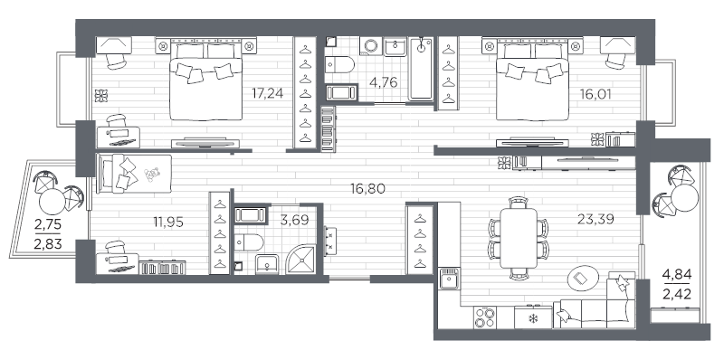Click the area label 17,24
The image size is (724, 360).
click(267, 94)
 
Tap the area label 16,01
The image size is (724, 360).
click(595, 95)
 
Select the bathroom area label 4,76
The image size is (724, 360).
click(383, 83)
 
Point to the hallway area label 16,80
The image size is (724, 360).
click(367, 189)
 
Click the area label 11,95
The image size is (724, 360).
click(168, 223)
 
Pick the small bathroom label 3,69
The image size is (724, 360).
click(295, 219)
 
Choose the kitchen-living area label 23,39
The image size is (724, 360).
click(595, 219)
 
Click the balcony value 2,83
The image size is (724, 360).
click(48, 243)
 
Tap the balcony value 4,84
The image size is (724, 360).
click(677, 276)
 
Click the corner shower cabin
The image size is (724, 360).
click(301, 260)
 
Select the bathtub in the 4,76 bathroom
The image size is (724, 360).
click(421, 70)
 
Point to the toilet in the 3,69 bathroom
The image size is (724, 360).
click(248, 242)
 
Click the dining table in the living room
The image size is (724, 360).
click(519, 238)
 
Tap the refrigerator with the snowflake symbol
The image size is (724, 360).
click(533, 317)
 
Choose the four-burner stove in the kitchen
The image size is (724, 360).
click(484, 317)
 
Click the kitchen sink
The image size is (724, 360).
click(449, 279)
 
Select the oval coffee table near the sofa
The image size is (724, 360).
click(583, 278)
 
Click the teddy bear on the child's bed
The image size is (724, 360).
click(151, 174)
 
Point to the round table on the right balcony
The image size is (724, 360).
click(685, 198)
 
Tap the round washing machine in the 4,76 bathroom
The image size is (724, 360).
click(371, 47)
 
